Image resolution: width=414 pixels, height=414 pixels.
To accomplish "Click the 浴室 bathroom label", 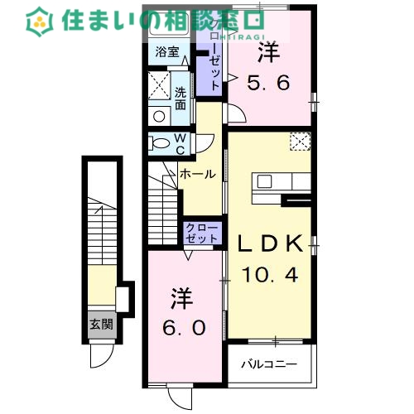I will (x=166, y=51).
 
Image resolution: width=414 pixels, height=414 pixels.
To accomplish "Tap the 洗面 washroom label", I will (x=181, y=99).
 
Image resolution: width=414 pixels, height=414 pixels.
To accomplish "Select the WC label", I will (x=180, y=142).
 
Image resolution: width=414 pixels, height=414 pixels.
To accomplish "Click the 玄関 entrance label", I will (x=102, y=324).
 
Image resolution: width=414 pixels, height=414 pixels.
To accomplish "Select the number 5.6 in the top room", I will (x=269, y=82).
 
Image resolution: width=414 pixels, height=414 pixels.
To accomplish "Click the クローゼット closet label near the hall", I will (x=202, y=233).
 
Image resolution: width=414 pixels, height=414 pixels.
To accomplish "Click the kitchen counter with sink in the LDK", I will (x=281, y=181).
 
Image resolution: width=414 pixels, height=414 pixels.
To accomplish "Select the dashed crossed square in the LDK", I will (x=299, y=142).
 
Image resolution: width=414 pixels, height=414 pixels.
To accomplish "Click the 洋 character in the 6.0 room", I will (x=183, y=296).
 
